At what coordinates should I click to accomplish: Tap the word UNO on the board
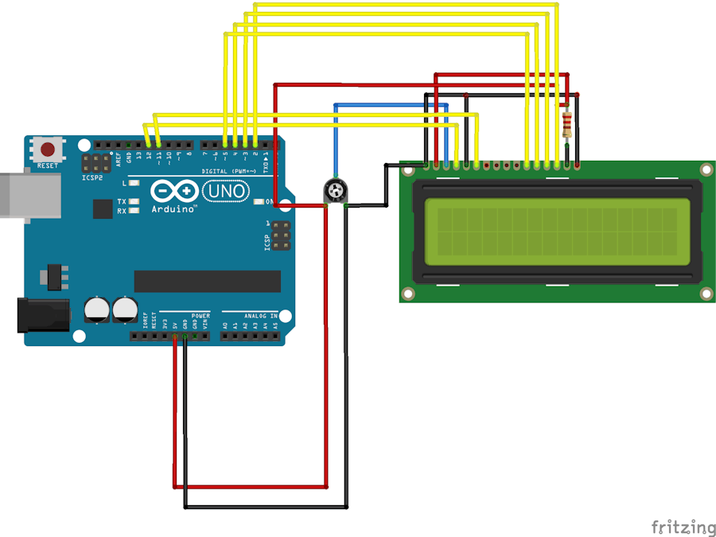click(227, 191)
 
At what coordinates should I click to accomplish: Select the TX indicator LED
click(134, 201)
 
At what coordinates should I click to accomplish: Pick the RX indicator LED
click(134, 211)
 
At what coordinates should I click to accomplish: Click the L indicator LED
click(134, 183)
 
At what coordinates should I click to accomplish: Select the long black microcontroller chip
click(207, 281)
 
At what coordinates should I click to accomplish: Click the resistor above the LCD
click(566, 126)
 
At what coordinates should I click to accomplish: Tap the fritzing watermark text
click(683, 527)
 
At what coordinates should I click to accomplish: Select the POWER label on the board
click(200, 316)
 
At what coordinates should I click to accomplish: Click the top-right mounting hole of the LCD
click(706, 169)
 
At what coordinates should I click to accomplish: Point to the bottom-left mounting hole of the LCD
click(408, 294)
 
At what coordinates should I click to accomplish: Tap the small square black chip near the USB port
click(102, 208)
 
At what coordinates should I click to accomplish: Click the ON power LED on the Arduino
click(259, 202)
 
